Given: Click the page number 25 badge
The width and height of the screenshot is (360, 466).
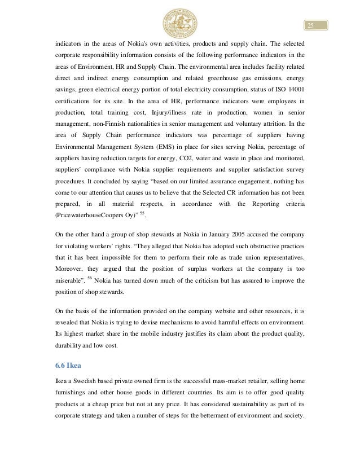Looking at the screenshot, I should click(310, 26).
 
